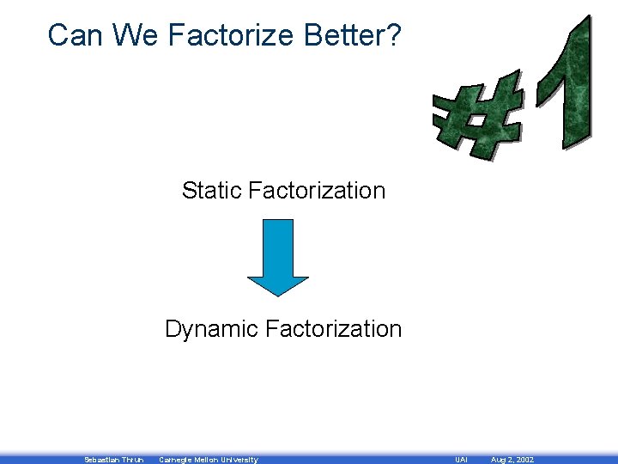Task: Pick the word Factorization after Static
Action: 317,190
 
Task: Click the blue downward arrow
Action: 277,257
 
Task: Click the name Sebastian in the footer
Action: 101,460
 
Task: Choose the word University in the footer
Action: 239,460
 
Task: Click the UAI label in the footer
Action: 461,460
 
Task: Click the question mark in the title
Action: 391,35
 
